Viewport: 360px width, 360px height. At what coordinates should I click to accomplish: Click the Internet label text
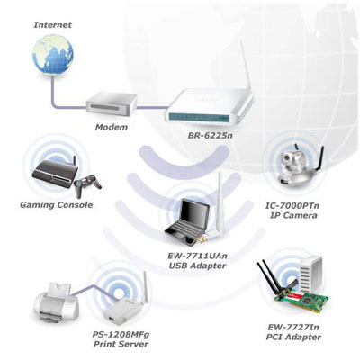[53, 24]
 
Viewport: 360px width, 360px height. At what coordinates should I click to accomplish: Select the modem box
[112, 104]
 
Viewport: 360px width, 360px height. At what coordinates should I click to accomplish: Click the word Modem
[112, 127]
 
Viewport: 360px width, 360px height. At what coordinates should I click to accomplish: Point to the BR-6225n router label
[211, 136]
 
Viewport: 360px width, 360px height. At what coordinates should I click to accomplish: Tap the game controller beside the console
[87, 186]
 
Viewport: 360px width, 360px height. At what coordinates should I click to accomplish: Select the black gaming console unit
[55, 174]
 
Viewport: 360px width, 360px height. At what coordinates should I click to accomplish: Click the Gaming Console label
[57, 205]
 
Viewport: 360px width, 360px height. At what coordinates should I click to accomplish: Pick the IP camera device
[297, 168]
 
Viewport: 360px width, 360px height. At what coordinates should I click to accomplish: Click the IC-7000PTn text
[292, 206]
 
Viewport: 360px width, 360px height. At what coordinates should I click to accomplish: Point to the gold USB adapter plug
[202, 239]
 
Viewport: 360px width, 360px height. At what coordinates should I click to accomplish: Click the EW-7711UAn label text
[197, 256]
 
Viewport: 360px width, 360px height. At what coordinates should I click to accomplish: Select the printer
[56, 303]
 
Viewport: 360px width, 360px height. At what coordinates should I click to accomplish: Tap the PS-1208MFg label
[121, 334]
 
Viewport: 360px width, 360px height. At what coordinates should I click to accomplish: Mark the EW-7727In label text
[293, 327]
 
